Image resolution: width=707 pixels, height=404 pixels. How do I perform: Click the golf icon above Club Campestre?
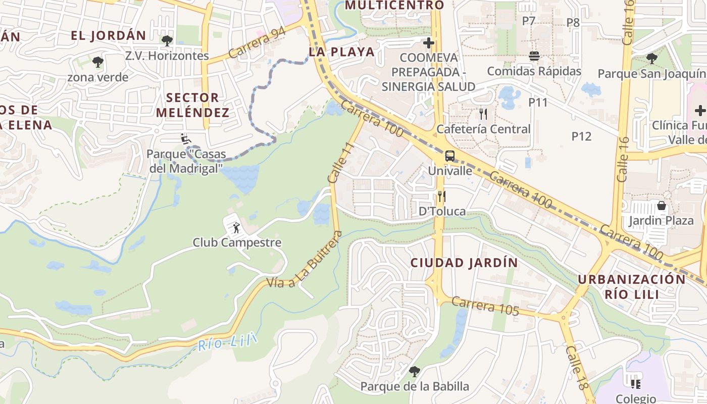[236, 228]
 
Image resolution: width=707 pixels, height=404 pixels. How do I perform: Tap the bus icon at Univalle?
[449, 156]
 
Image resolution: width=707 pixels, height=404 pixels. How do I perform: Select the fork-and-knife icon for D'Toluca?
[442, 196]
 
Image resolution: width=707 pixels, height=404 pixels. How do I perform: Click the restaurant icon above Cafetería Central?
[483, 114]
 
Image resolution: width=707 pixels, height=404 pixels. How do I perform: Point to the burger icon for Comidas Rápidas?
[534, 56]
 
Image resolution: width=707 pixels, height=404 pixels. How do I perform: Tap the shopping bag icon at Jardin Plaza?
[661, 206]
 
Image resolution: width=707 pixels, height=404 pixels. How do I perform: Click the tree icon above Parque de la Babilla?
[415, 372]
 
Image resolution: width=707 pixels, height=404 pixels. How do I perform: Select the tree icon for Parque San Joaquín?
[652, 59]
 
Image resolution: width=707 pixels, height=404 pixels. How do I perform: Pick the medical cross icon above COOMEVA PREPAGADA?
[429, 43]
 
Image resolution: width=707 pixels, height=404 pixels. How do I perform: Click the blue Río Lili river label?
[227, 343]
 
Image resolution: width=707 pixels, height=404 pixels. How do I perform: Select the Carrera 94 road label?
[257, 42]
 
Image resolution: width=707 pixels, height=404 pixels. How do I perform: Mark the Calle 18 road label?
[577, 368]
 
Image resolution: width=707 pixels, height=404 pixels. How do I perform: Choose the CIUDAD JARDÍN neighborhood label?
[464, 263]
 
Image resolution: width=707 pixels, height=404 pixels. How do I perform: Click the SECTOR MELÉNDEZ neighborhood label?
[192, 105]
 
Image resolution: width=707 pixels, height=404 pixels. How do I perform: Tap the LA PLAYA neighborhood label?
[342, 52]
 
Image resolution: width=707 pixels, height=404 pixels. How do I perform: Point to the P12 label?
[581, 136]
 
